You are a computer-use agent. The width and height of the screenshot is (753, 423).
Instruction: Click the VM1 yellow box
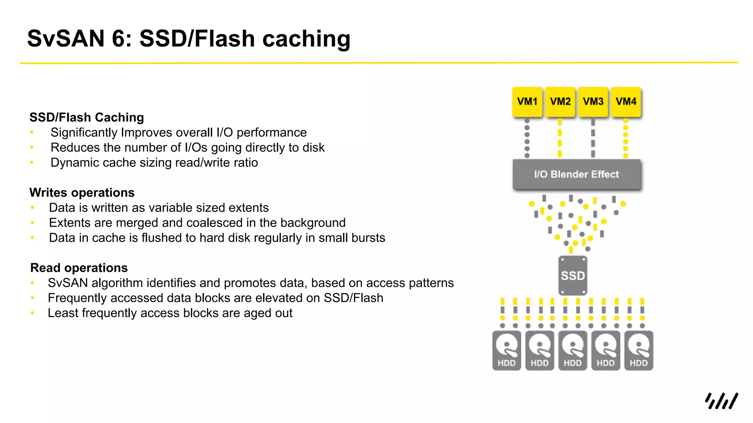[527, 102]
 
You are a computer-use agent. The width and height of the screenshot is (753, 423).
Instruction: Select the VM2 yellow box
[560, 102]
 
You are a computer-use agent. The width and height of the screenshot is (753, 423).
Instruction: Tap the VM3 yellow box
[593, 102]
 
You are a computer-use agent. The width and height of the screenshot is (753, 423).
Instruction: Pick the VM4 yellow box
[626, 102]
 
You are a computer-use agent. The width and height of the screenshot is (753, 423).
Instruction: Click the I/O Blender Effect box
[577, 174]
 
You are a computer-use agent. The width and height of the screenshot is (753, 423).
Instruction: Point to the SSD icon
[572, 276]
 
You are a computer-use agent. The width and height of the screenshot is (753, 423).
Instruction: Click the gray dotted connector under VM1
[527, 138]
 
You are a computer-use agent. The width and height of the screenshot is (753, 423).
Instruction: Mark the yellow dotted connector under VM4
[626, 138]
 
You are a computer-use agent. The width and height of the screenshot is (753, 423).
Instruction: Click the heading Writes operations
[82, 193]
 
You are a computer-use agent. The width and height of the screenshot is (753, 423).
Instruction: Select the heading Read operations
[79, 268]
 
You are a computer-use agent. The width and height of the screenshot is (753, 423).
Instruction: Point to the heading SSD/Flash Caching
[87, 117]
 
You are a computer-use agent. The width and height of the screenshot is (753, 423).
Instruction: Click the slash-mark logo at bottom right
[721, 401]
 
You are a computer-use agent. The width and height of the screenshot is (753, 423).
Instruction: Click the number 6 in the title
[118, 39]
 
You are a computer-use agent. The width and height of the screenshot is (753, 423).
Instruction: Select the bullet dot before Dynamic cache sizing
[32, 162]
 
